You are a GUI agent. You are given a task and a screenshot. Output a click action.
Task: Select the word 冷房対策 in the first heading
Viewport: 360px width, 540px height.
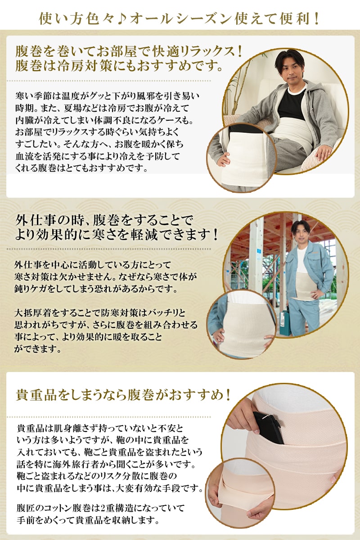pos(84,65)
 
